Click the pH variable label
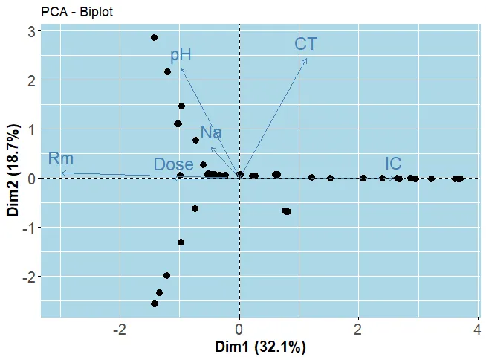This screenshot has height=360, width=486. pyautogui.click(x=181, y=54)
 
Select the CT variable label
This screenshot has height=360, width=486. pyautogui.click(x=305, y=44)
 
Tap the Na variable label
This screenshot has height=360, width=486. pyautogui.click(x=211, y=133)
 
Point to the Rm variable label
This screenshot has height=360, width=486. pyautogui.click(x=61, y=158)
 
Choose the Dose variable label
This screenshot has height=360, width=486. pyautogui.click(x=173, y=164)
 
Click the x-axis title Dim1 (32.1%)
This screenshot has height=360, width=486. pyautogui.click(x=260, y=347)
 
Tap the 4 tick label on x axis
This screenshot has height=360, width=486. pyautogui.click(x=478, y=329)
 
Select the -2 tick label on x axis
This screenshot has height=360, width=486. pyautogui.click(x=119, y=329)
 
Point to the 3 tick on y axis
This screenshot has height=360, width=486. pyautogui.click(x=30, y=31)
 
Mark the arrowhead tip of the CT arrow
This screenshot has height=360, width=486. pyautogui.click(x=307, y=58)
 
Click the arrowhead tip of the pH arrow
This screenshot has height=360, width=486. pyautogui.click(x=181, y=68)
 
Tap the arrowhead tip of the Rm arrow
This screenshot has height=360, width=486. pyautogui.click(x=61, y=173)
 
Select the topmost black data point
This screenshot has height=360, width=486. pyautogui.click(x=154, y=37)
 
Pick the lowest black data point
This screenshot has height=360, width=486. pyautogui.click(x=155, y=303)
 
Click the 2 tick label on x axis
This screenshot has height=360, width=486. pyautogui.click(x=359, y=329)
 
